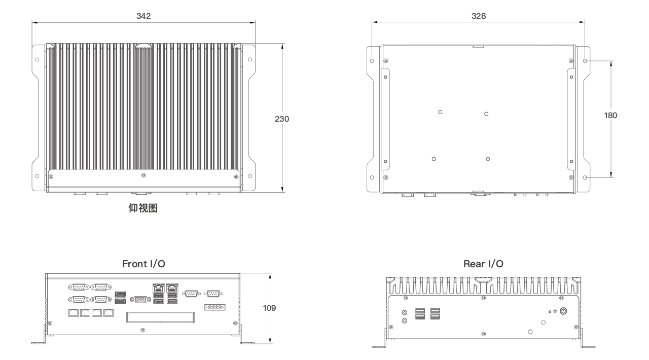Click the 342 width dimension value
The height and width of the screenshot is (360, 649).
[143, 16]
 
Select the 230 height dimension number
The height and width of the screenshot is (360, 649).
[282, 119]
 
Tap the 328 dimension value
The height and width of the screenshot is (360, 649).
[479, 16]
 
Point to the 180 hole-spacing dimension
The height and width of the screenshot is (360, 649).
[610, 116]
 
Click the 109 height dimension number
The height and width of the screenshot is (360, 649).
[269, 308]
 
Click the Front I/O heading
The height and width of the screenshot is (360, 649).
[143, 264]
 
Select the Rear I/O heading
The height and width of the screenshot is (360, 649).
[483, 264]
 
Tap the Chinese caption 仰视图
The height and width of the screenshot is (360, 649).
[143, 208]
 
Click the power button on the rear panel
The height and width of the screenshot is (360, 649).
[563, 311]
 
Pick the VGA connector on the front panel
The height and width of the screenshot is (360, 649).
[140, 300]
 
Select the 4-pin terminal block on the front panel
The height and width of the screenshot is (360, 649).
[214, 307]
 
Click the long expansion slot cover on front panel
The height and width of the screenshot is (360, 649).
[160, 317]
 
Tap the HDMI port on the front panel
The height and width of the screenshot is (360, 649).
[121, 301]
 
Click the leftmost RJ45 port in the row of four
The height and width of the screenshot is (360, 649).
[74, 313]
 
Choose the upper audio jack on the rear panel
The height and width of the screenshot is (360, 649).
[405, 313]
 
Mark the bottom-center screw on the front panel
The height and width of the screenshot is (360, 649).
[142, 330]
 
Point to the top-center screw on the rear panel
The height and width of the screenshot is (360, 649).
[483, 298]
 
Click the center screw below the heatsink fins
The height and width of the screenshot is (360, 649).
[143, 175]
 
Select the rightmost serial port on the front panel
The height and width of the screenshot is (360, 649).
[213, 294]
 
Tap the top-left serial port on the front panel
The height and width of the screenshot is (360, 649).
[79, 287]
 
